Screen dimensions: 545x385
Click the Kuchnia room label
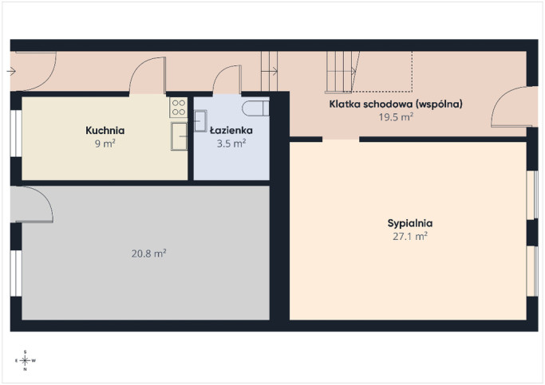[x=105, y=131]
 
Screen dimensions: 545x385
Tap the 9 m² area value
[x=105, y=143]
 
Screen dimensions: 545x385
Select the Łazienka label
[x=231, y=130]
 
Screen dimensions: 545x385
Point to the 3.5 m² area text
[x=231, y=143]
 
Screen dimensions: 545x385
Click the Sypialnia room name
[x=410, y=223]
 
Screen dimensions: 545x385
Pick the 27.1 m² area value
[x=410, y=237]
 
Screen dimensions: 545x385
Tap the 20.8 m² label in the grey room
[x=148, y=253]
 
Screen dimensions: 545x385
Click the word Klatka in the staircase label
[x=342, y=104]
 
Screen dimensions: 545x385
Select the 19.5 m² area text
[x=396, y=117]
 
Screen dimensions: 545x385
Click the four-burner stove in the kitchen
[x=179, y=108]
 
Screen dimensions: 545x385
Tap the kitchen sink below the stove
[x=179, y=136]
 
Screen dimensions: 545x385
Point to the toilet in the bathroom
[x=255, y=108]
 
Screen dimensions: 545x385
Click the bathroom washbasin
[x=200, y=121]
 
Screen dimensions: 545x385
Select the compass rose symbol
[x=26, y=361]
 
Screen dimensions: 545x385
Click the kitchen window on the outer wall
[x=16, y=133]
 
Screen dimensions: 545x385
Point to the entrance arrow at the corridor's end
[x=11, y=72]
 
